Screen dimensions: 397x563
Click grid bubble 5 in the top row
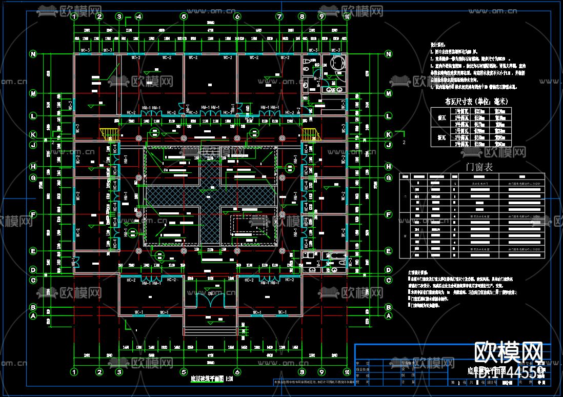pos(184,16)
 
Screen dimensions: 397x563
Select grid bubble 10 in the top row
pos(347,16)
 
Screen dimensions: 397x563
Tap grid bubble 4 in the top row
pos(138,16)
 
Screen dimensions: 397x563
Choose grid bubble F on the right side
pos(389,214)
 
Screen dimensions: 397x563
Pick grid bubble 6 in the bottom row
pos(237,372)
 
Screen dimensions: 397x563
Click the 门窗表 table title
pos(478,167)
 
